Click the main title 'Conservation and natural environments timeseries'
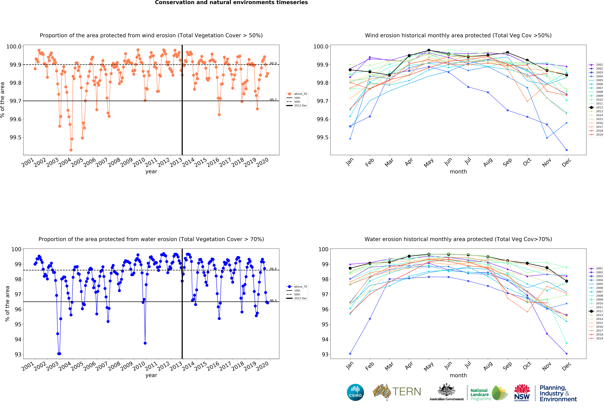(231, 3)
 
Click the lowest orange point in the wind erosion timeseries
(71, 150)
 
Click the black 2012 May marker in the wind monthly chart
(429, 50)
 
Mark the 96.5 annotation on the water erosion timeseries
(273, 300)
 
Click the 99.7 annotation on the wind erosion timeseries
(273, 100)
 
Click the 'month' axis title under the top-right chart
(458, 172)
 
